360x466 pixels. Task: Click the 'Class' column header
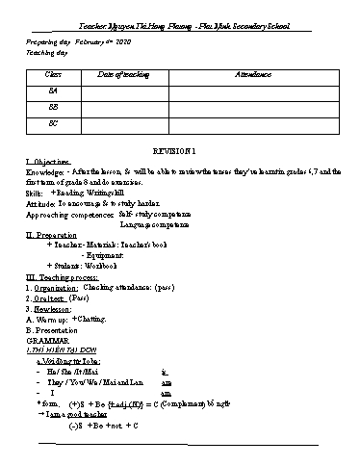coord(54,74)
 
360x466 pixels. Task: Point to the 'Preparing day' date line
coord(77,43)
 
